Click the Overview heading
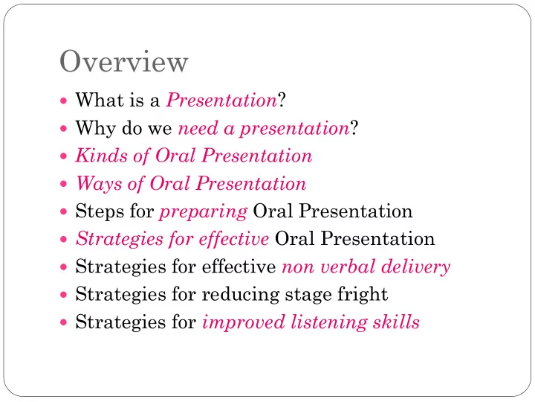[124, 62]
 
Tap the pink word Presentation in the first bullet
[221, 100]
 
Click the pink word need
[198, 128]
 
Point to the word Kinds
[101, 156]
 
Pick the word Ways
[99, 184]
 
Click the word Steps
[100, 211]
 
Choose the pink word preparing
[204, 212]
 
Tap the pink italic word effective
[234, 239]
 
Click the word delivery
[415, 267]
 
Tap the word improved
[244, 322]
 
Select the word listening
[329, 322]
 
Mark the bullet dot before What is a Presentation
[63, 100]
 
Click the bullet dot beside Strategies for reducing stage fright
[63, 295]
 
